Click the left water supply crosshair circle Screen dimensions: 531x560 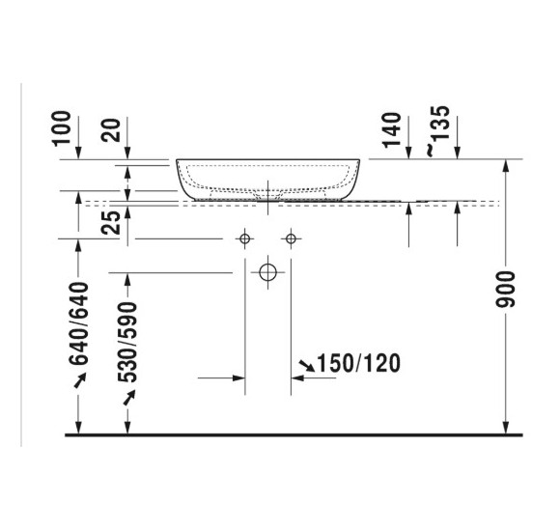[x=245, y=238]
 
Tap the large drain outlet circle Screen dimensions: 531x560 [x=268, y=272]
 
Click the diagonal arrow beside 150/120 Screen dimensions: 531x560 [x=307, y=365]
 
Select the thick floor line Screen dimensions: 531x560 [x=290, y=435]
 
